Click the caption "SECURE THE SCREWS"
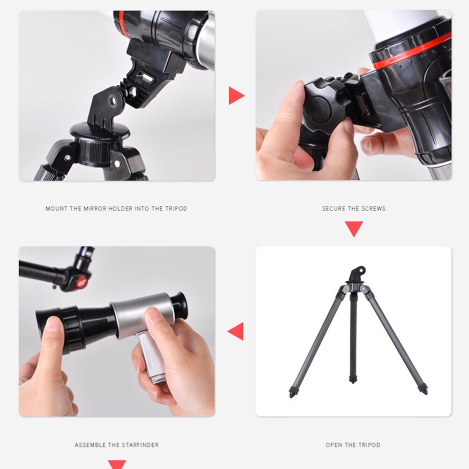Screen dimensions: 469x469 354,208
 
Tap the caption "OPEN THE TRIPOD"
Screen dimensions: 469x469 353,445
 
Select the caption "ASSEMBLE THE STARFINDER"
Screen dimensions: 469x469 117,445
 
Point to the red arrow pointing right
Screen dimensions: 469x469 236,96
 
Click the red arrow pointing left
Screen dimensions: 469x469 236,331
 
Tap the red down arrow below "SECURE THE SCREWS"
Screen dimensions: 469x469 354,229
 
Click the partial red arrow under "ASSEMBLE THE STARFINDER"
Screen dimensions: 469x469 117,464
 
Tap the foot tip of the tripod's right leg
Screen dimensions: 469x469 424,390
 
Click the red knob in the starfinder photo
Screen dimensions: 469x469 82,282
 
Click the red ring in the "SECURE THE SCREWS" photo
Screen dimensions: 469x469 412,51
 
